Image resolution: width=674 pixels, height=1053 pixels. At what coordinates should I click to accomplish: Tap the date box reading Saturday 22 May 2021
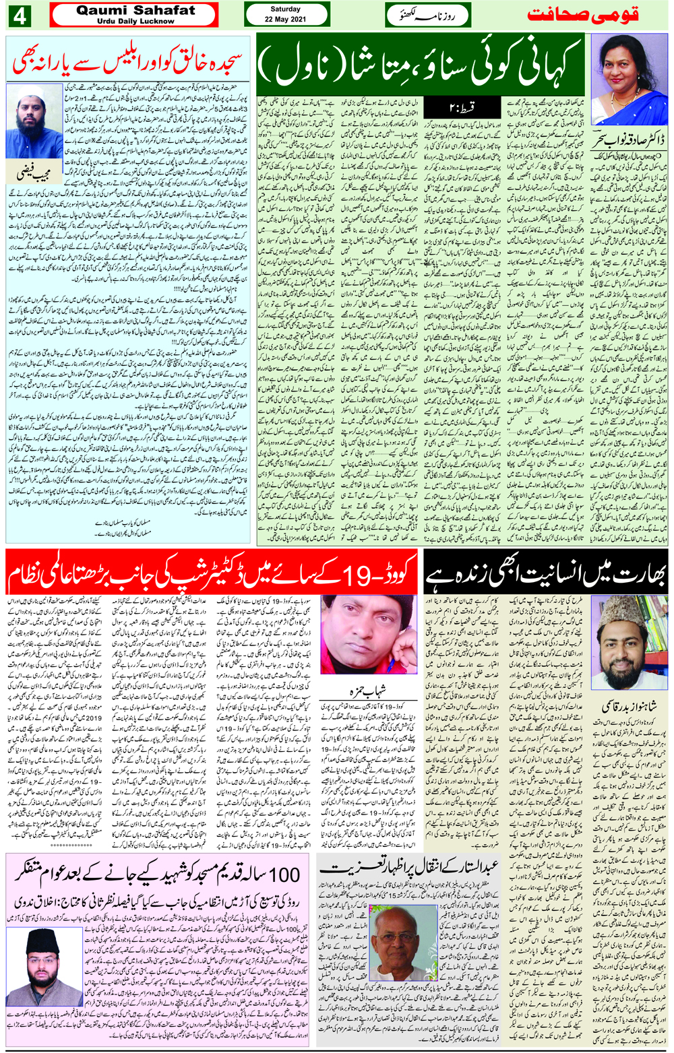286,14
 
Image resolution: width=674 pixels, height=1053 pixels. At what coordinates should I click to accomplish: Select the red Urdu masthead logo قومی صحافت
581,15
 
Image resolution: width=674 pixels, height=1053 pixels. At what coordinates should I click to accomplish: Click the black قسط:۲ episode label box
462,106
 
